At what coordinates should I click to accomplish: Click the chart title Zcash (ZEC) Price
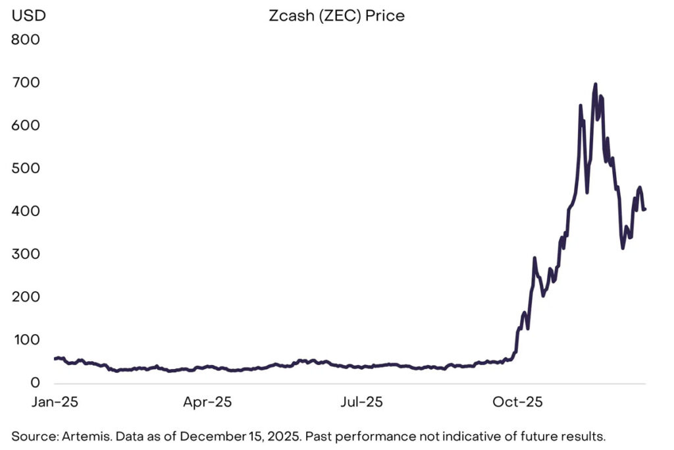coord(336,16)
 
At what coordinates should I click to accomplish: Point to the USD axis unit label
coord(28,16)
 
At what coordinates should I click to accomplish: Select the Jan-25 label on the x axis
coord(54,401)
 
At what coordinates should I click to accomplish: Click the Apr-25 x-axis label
coord(207,401)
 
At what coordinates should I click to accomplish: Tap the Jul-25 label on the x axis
coord(361,401)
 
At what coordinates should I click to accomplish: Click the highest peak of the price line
coord(596,84)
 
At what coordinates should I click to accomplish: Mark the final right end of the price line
coord(645,210)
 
